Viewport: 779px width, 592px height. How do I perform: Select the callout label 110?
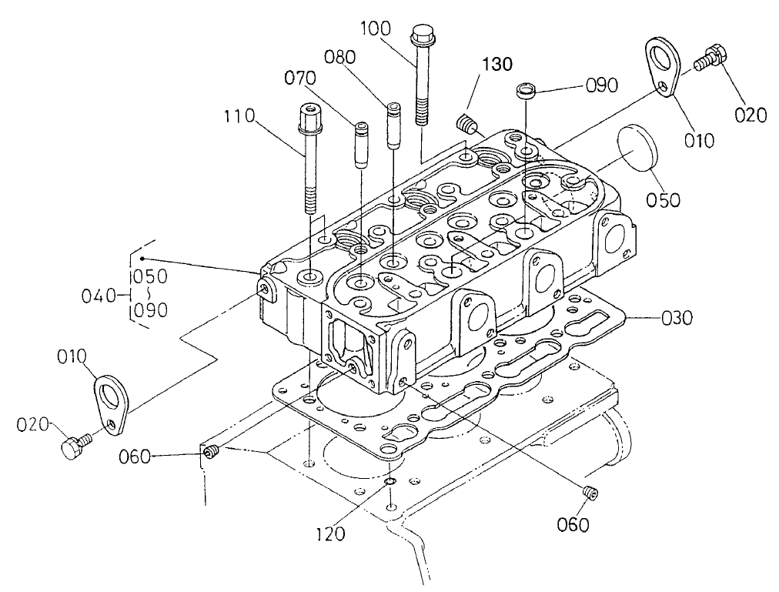pyautogui.click(x=239, y=117)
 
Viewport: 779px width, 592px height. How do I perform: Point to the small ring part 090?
pyautogui.click(x=526, y=91)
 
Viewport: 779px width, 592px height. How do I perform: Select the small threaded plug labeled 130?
pyautogui.click(x=466, y=123)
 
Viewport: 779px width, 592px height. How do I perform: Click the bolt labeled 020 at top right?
pyautogui.click(x=708, y=61)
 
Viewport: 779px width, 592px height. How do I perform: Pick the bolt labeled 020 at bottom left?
pyautogui.click(x=72, y=446)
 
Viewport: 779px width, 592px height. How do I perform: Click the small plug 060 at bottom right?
pyautogui.click(x=590, y=493)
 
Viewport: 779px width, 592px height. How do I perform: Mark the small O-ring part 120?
pyautogui.click(x=390, y=483)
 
